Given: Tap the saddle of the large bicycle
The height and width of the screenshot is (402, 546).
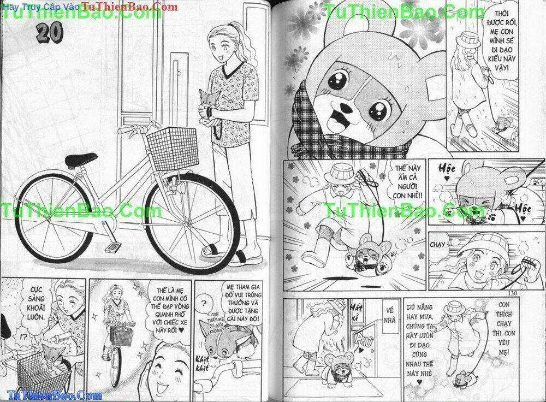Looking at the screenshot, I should tap(82, 160).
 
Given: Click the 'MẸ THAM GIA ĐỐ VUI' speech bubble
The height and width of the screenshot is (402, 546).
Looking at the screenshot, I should tap(248, 304).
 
